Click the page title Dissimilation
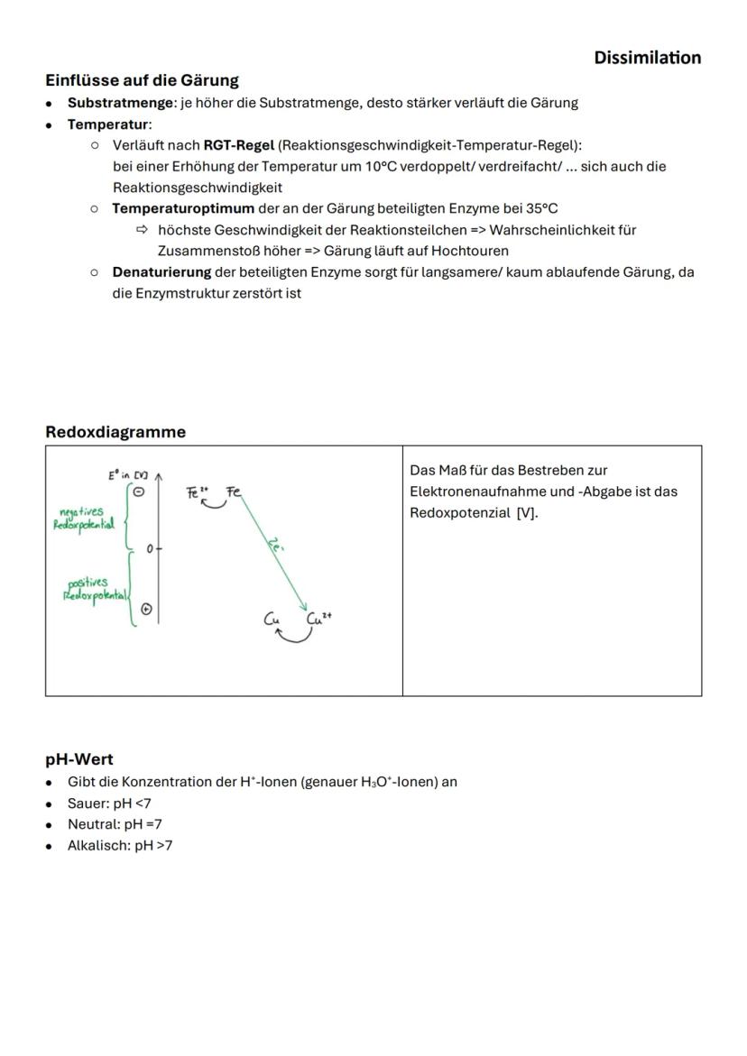pos(647,58)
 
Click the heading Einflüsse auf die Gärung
pos(142,80)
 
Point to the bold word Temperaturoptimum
pos(183,208)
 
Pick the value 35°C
pos(541,208)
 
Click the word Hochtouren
pos(469,251)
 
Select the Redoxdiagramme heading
pos(115,432)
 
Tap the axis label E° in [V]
pos(128,474)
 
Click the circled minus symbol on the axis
pos(139,491)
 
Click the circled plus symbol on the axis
pos(147,610)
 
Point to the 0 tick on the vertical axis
pos(150,548)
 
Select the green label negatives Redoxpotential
pos(84,519)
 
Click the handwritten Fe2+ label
pos(198,492)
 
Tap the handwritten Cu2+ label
pos(320,619)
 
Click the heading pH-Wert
pos(79,759)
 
